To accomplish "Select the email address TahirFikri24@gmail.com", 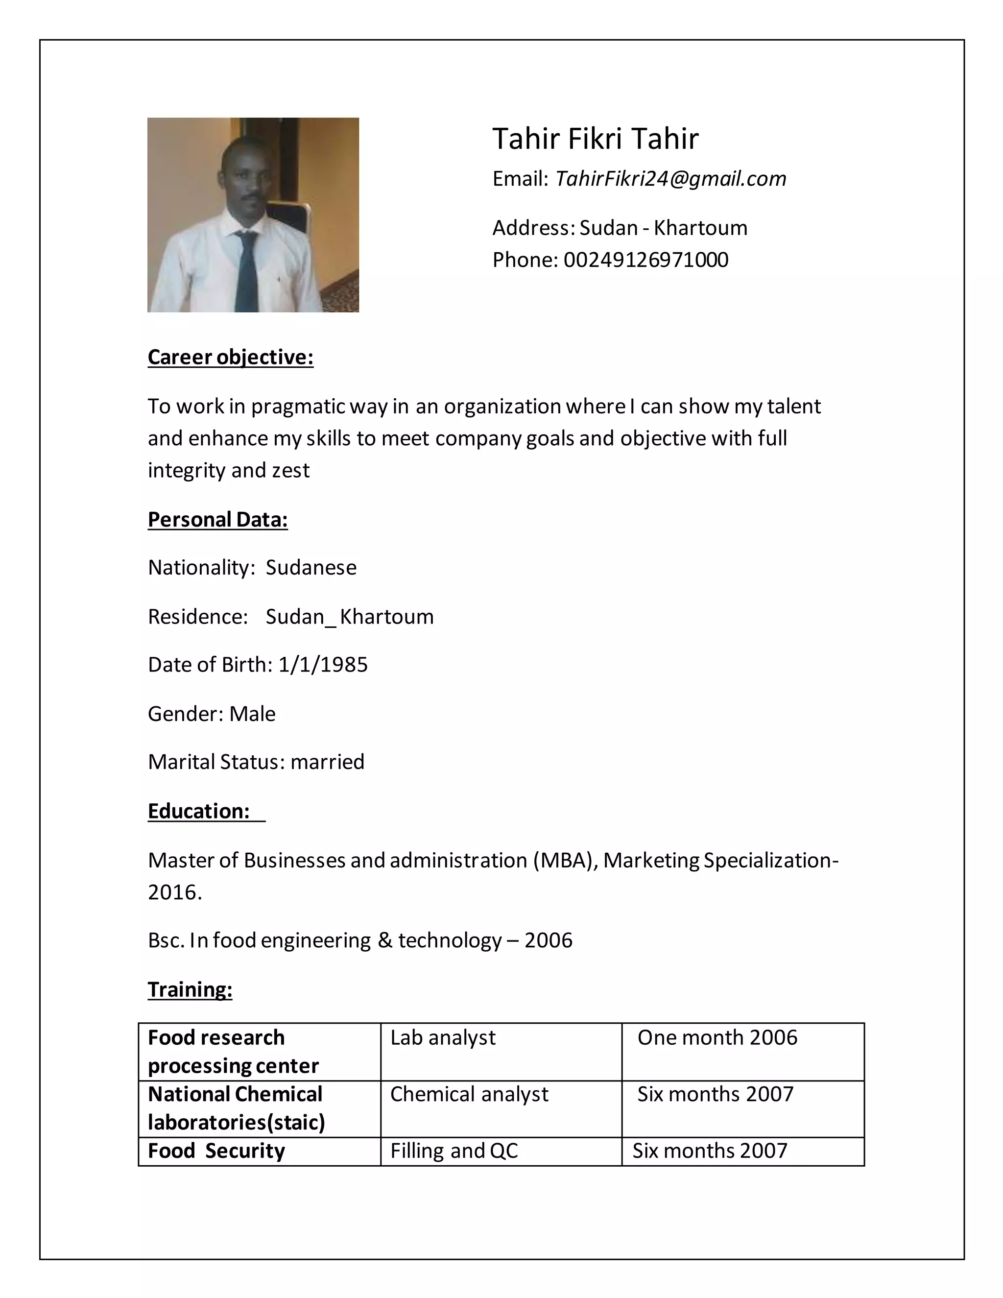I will coord(670,178).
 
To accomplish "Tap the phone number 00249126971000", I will coord(645,260).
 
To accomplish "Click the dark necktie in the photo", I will coord(247,270).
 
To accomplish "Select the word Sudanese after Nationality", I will coord(311,568).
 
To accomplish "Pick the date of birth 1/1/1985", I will coord(323,665).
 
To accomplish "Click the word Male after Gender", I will coord(253,714).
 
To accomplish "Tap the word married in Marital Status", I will coord(328,762).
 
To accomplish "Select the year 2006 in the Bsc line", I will coord(548,940).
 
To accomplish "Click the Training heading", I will coord(190,989).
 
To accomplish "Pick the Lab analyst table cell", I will coord(443,1038).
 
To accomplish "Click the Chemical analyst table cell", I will coord(469,1094).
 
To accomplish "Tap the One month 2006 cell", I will coord(716,1038).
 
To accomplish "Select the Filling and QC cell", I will coord(454,1151).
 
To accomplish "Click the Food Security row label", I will coord(216,1151).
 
